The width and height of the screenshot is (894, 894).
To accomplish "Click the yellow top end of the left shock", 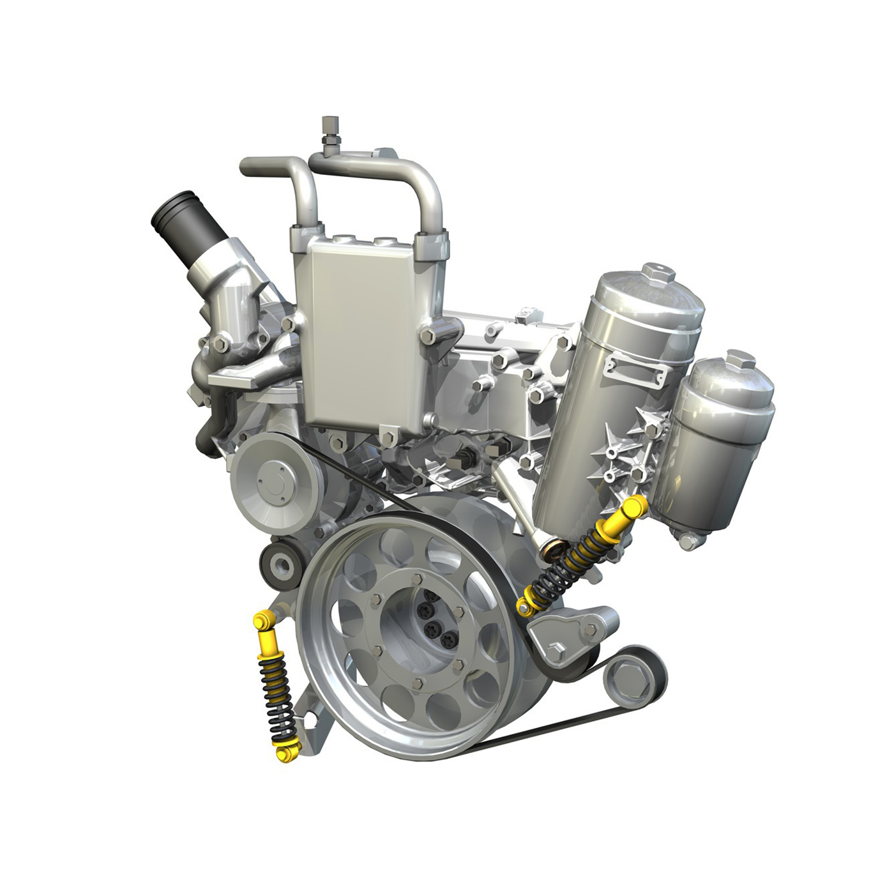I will (262, 620).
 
